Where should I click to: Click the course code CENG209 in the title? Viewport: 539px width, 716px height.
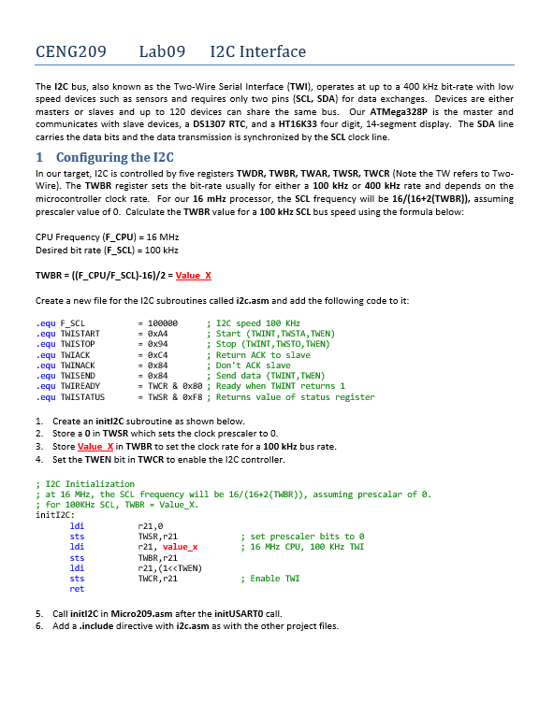70,51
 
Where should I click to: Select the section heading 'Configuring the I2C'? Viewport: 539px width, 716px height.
115,157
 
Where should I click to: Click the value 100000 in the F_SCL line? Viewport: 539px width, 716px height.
162,322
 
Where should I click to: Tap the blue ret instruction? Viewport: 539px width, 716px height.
77,589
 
